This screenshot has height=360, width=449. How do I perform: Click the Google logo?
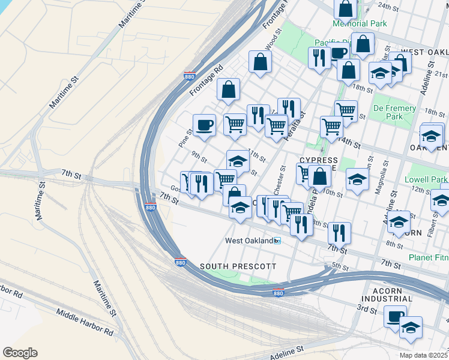[20, 353]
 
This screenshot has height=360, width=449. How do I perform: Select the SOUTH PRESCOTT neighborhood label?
[238, 266]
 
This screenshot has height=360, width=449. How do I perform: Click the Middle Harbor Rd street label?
[85, 322]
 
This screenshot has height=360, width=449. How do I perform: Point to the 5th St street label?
[340, 266]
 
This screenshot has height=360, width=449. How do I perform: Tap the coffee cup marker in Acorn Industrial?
[395, 316]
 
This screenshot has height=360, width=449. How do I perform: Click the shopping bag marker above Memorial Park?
[346, 8]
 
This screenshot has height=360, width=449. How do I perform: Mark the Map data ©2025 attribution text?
[423, 355]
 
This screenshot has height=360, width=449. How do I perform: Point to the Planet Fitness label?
[428, 257]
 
